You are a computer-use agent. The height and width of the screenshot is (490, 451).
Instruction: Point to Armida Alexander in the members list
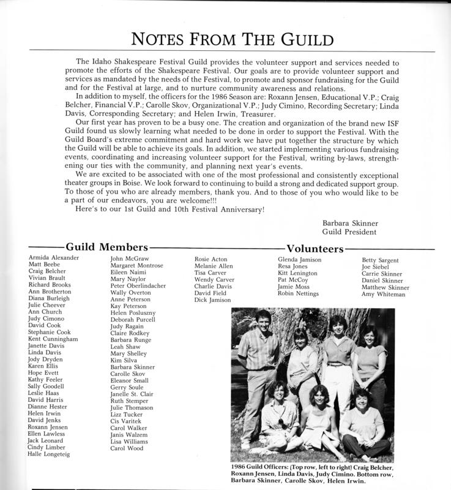click(x=54, y=258)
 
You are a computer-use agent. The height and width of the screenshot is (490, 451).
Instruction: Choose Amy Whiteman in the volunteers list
click(x=384, y=295)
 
